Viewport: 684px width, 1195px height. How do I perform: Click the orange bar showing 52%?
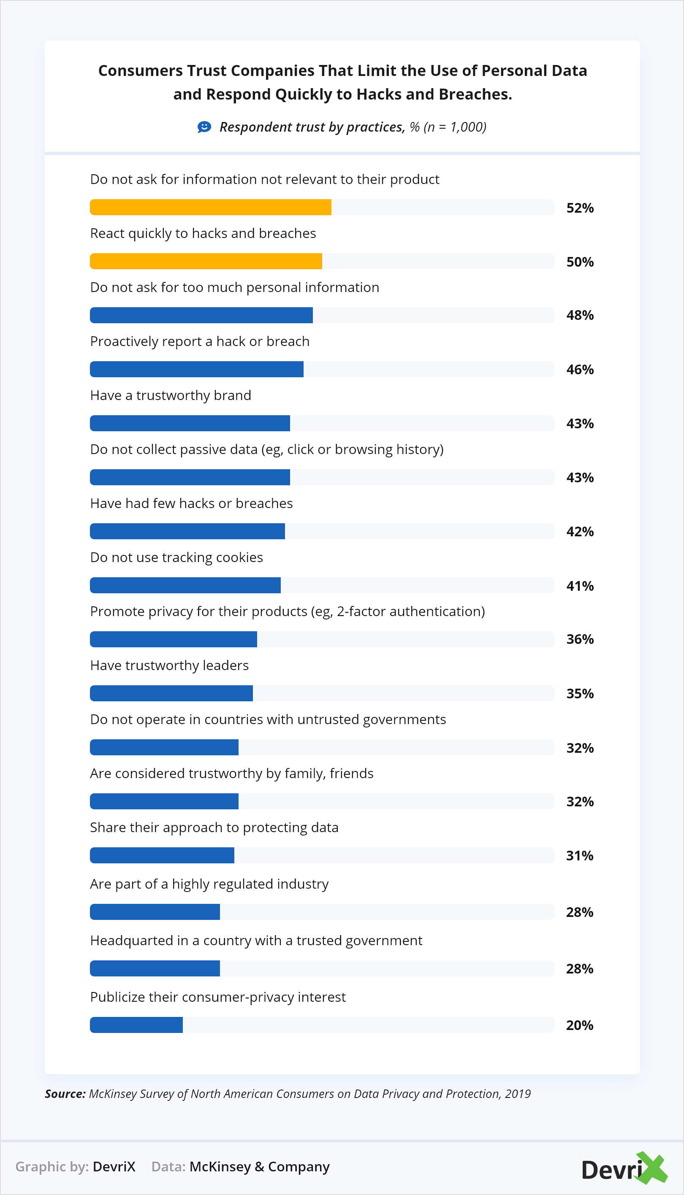click(x=210, y=207)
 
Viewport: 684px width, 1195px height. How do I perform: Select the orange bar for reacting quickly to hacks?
click(x=206, y=261)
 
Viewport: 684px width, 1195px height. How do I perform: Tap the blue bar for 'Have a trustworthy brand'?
click(x=190, y=423)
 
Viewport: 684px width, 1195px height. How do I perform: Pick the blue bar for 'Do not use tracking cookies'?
click(x=185, y=585)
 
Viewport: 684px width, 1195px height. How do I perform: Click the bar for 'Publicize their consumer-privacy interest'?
click(x=136, y=1025)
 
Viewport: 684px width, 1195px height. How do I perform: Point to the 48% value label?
click(x=580, y=315)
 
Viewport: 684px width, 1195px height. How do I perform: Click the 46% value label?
click(x=580, y=369)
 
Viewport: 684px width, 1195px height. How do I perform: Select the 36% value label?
click(x=580, y=639)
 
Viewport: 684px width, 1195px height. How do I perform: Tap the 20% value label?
click(x=580, y=1025)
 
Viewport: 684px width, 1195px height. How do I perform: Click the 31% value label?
click(x=580, y=856)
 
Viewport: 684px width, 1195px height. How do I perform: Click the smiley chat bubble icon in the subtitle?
click(x=204, y=127)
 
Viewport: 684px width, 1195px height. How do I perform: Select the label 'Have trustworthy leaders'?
click(x=169, y=665)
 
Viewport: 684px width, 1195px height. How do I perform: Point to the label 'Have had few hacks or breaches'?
click(x=191, y=503)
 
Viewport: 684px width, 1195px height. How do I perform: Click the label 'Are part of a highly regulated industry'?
click(x=209, y=884)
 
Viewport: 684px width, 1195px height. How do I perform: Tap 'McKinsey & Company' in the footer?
click(x=259, y=1166)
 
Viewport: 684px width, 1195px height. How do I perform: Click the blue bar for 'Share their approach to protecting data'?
click(x=162, y=855)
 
